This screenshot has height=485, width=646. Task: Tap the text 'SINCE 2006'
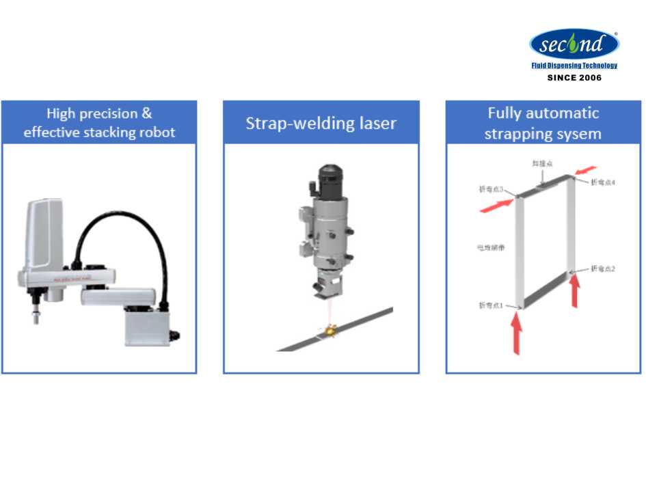click(x=574, y=78)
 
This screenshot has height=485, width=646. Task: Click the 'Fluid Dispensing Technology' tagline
click(x=574, y=66)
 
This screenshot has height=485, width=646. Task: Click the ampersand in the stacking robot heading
click(x=146, y=113)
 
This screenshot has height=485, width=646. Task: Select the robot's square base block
click(x=146, y=324)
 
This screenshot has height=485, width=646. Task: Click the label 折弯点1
click(x=491, y=305)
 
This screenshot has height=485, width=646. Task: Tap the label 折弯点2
click(x=603, y=268)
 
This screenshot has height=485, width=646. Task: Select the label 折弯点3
click(x=492, y=189)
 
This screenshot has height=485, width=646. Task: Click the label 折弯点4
click(x=603, y=182)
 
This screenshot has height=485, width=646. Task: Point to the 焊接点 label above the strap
click(x=542, y=164)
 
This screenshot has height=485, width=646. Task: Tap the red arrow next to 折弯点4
click(x=586, y=169)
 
